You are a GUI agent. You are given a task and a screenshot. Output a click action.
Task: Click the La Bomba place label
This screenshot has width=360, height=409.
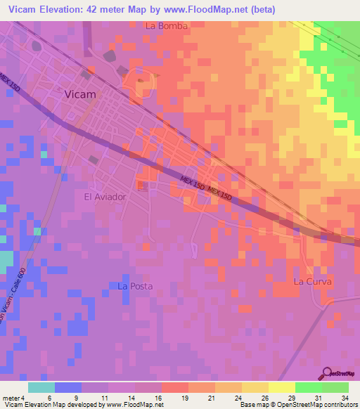pos(167,26)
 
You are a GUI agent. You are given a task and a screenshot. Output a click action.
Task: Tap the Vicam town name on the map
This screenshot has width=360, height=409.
pos(79,93)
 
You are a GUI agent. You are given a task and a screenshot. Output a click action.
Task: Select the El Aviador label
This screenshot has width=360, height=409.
pos(105,197)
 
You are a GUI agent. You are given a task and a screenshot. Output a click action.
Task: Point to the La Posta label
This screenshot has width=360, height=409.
pos(134,286)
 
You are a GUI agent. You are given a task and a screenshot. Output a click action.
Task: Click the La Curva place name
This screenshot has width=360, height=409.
pos(311,281)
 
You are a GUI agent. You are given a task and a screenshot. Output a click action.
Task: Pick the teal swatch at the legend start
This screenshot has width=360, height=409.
pos(41,387)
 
